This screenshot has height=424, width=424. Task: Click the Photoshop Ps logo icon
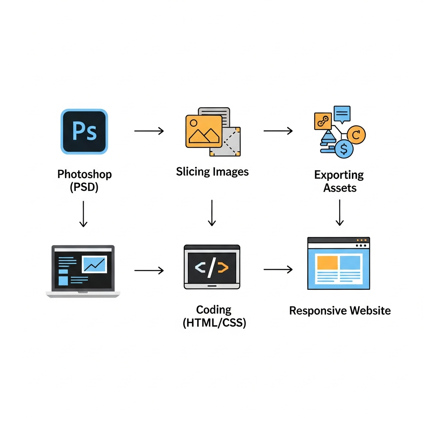(84, 131)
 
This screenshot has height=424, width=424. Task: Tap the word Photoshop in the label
(84, 174)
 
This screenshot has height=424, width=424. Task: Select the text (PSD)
(84, 187)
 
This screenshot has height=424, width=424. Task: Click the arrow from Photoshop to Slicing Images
(149, 131)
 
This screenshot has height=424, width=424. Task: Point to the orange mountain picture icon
(203, 130)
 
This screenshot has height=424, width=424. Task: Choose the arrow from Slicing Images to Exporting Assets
(278, 131)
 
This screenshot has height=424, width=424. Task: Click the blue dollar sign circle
(344, 149)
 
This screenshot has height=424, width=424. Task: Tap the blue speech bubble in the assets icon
(342, 113)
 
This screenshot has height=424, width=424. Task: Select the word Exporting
(339, 175)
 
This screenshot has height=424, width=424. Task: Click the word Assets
(340, 188)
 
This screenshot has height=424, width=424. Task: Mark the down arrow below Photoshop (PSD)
(83, 214)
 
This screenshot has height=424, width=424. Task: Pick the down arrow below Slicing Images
(212, 213)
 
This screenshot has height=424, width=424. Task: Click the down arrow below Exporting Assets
(340, 212)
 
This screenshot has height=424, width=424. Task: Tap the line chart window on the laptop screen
(94, 264)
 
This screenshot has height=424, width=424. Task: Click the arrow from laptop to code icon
(149, 271)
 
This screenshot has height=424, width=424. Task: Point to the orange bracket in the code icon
(223, 268)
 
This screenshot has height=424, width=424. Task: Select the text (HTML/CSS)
(214, 323)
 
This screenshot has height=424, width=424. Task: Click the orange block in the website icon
(327, 262)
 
